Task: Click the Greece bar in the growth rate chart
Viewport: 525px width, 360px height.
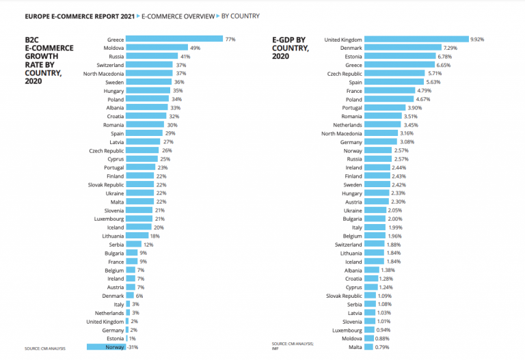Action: coord(174,40)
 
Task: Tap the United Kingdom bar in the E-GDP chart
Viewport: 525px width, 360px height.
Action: coord(416,40)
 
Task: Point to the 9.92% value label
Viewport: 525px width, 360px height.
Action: coord(477,40)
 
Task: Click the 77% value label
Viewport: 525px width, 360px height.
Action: coord(230,40)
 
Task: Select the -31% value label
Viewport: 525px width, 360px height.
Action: coord(134,346)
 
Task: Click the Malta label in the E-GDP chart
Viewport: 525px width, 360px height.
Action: coord(355,346)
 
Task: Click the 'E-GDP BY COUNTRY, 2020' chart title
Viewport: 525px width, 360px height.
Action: coord(291,48)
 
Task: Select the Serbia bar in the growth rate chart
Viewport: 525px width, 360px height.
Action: coord(133,244)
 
